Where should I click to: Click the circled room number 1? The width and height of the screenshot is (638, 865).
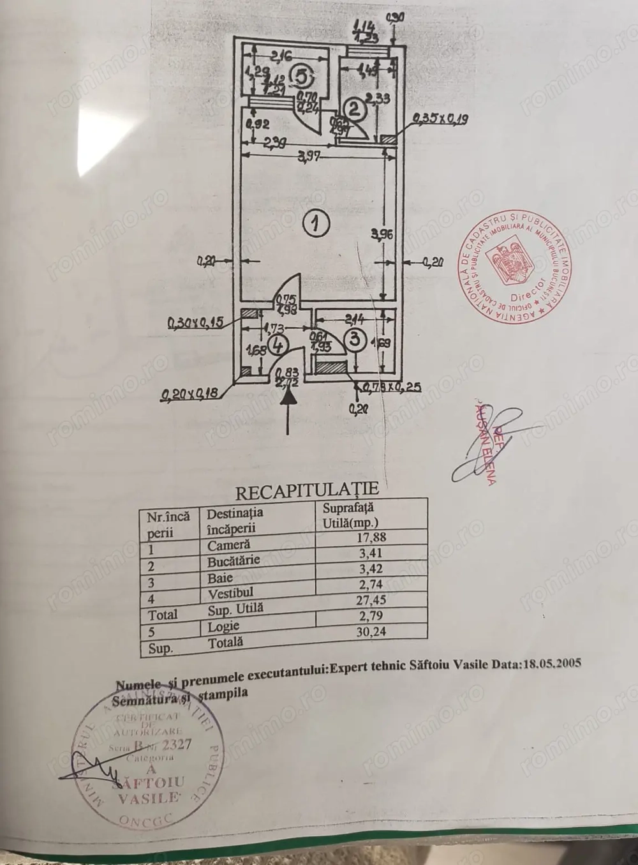(x=315, y=223)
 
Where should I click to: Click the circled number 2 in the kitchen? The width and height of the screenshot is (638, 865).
(x=356, y=109)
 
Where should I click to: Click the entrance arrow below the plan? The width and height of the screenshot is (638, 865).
(x=289, y=409)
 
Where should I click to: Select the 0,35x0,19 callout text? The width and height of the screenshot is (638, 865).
(x=440, y=117)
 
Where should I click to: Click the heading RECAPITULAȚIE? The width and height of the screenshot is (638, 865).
(x=307, y=490)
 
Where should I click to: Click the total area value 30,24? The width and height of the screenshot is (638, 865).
(x=372, y=632)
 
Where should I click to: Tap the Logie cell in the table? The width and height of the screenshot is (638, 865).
(x=223, y=627)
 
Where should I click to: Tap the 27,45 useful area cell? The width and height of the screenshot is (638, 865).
(x=372, y=600)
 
